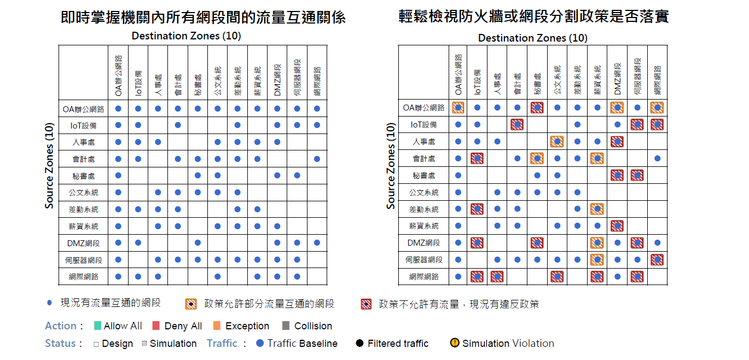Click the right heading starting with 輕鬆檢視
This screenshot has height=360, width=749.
coord(534,17)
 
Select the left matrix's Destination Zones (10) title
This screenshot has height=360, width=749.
coord(186,36)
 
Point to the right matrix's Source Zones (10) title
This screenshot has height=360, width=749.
coord(391,166)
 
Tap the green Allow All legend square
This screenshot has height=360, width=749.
coord(98,326)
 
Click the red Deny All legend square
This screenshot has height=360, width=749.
coord(156,326)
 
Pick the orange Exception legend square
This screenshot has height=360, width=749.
coord(217,326)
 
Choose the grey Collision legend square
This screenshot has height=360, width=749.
coord(286,326)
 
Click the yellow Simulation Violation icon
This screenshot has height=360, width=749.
coord(455,344)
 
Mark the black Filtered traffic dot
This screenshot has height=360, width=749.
coord(359,344)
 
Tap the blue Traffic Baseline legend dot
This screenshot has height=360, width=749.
coord(260,344)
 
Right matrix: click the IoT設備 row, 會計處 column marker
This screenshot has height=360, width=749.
coord(517,125)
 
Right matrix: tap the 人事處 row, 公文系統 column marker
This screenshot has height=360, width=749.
coord(557,142)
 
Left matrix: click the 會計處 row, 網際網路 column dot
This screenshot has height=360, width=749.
coord(317,159)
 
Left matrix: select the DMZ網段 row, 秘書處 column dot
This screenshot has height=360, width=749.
coord(198,243)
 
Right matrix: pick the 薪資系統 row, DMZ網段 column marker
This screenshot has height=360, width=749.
coord(617,225)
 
